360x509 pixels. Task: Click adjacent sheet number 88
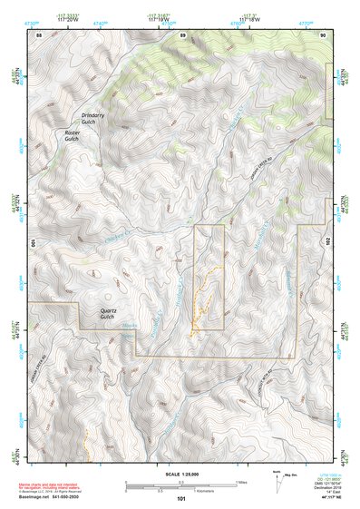pyautogui.click(x=39, y=34)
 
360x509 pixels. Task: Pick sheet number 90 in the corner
pyautogui.click(x=323, y=34)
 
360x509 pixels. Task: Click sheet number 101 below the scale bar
pyautogui.click(x=181, y=498)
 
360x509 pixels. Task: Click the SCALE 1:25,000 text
pyautogui.click(x=181, y=474)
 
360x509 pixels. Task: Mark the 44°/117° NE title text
pyautogui.click(x=316, y=497)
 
